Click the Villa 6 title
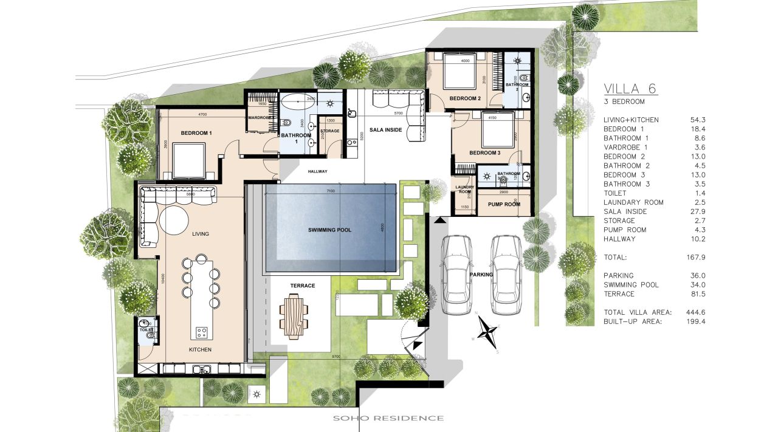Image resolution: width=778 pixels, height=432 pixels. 630,89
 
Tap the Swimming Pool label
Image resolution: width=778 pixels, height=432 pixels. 329,230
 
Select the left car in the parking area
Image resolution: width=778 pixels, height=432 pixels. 456,274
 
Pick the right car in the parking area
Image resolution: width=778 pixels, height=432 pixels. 506,274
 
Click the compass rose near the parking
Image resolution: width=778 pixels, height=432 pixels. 487,331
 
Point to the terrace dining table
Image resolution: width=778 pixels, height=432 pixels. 294,316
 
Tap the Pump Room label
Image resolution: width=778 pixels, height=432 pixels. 504,205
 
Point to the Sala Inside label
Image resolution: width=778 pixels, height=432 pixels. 386,129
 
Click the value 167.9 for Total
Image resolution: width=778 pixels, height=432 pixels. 694,257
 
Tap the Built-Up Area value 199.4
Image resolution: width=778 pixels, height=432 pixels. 694,321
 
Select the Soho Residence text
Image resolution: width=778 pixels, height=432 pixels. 388,418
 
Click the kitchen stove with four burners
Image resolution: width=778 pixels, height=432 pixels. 202,332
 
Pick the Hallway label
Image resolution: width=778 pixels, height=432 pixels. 317,171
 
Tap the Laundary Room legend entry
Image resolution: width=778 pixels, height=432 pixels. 633,202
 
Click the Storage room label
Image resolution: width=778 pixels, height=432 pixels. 329,131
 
